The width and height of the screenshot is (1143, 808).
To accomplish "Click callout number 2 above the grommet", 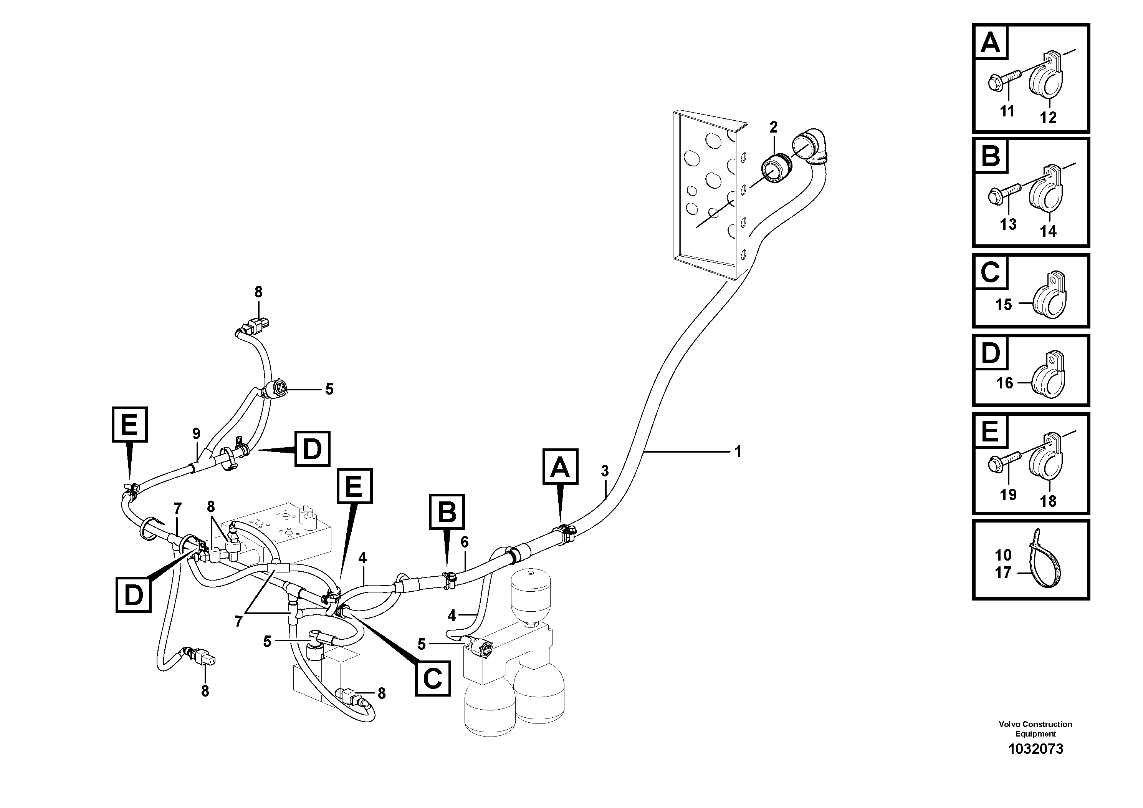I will [x=773, y=128].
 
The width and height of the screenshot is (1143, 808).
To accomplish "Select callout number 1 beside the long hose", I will [x=738, y=452].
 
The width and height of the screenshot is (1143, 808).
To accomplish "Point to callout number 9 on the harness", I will [x=196, y=433].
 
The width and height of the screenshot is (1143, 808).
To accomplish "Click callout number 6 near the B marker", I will [x=465, y=542].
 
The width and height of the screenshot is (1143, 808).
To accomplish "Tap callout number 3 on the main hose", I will [x=605, y=471].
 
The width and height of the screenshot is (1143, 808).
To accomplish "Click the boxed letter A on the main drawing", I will [x=560, y=467].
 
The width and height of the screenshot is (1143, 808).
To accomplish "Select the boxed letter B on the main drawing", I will [x=447, y=512].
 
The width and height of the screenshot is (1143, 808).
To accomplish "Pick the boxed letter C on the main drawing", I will [x=432, y=678].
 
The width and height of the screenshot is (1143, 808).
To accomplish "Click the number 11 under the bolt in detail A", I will [x=1007, y=111].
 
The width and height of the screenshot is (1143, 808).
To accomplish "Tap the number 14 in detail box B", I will [x=1048, y=231].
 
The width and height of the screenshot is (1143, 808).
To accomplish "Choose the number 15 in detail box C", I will [x=1004, y=304].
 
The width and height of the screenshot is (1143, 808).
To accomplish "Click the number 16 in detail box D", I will [x=1005, y=383].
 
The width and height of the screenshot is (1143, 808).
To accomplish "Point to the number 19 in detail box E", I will [x=1008, y=494].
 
